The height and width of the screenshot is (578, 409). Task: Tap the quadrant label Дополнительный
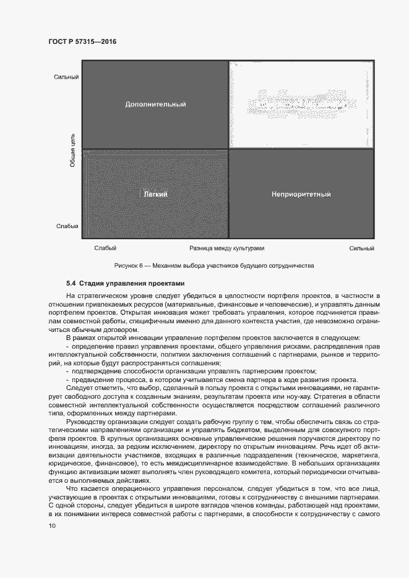pos(155,104)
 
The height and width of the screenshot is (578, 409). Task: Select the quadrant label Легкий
pos(155,194)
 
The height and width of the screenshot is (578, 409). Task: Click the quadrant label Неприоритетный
pos(301,194)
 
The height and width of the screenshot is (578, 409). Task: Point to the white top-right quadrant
pos(301,104)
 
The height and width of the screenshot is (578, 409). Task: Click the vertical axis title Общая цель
pos(72,150)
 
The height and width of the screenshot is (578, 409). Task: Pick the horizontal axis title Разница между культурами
pos(227,248)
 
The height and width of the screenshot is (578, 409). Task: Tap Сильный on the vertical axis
pos(66,77)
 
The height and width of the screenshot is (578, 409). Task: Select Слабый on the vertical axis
pos(67,226)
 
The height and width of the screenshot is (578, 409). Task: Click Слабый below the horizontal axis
pos(105,248)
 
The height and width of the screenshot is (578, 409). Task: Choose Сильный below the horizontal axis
pos(361,248)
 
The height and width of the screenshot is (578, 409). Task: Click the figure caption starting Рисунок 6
pos(214,266)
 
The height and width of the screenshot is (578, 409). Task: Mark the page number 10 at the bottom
pos(51,525)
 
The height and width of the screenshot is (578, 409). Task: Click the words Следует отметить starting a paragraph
pos(91,388)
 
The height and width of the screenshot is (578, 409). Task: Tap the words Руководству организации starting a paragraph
pos(103,423)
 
